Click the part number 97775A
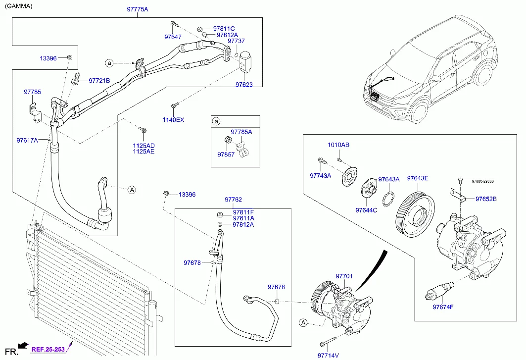tap(137, 9)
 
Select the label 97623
tap(244, 85)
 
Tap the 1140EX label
tap(173, 120)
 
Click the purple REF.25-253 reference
tap(49, 349)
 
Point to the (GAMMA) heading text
tap(19, 6)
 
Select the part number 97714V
tap(328, 355)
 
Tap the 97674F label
tap(443, 307)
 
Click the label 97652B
tap(486, 199)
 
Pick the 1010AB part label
tap(338, 145)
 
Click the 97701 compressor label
tap(344, 276)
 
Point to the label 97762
tap(233, 200)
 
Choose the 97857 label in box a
tap(226, 154)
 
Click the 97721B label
tap(99, 81)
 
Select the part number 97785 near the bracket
tap(33, 92)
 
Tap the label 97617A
tap(27, 140)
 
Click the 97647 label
tap(173, 37)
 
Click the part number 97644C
tap(366, 210)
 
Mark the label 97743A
tap(321, 176)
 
